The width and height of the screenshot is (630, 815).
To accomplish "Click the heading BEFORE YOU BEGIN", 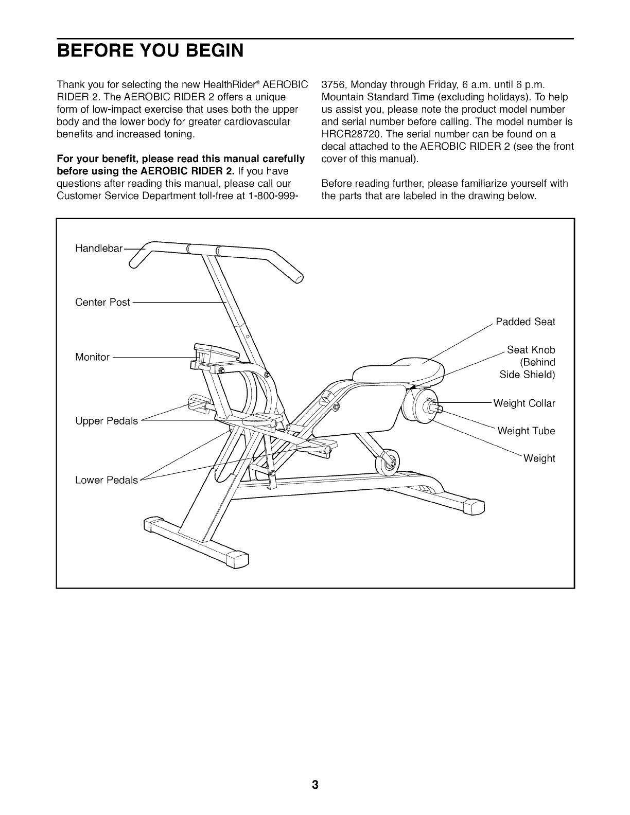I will tap(150, 51).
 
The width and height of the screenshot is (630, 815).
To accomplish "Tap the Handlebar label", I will tap(99, 249).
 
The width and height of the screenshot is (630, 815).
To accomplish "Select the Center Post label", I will tap(102, 302).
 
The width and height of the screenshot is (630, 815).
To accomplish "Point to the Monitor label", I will tap(92, 357).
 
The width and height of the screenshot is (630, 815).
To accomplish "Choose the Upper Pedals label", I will tap(107, 421).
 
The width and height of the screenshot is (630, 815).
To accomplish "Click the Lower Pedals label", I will tap(107, 480).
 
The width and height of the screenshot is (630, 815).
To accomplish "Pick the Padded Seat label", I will tap(525, 322).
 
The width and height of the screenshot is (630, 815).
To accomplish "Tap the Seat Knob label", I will tap(531, 350).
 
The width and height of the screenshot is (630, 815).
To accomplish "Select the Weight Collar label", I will tap(524, 403).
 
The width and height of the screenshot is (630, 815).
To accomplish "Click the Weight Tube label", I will tap(526, 431).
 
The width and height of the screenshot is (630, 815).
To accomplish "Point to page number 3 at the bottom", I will tap(315, 785).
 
